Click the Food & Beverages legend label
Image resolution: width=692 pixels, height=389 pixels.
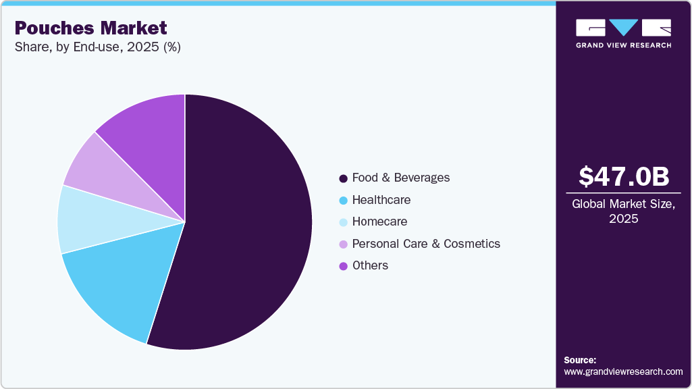401,178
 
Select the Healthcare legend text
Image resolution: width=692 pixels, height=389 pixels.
381,200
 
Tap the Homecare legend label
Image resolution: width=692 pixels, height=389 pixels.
380,222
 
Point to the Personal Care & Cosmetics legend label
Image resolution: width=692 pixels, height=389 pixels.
426,243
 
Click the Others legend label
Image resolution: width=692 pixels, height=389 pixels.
370,265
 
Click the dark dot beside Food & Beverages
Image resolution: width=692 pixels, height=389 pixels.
344,178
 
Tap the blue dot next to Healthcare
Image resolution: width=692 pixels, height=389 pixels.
344,201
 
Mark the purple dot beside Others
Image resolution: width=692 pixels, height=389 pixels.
344,266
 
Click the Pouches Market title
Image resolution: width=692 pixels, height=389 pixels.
90,28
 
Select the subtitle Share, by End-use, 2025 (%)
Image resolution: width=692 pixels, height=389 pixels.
97,47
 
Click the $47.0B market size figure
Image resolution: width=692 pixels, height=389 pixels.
624,176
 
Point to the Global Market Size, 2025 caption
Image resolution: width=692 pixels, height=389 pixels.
624,211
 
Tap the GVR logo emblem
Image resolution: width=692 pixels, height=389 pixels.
623,27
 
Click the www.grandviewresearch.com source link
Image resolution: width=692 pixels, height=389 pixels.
623,371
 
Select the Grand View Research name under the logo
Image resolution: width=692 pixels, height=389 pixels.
623,45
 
